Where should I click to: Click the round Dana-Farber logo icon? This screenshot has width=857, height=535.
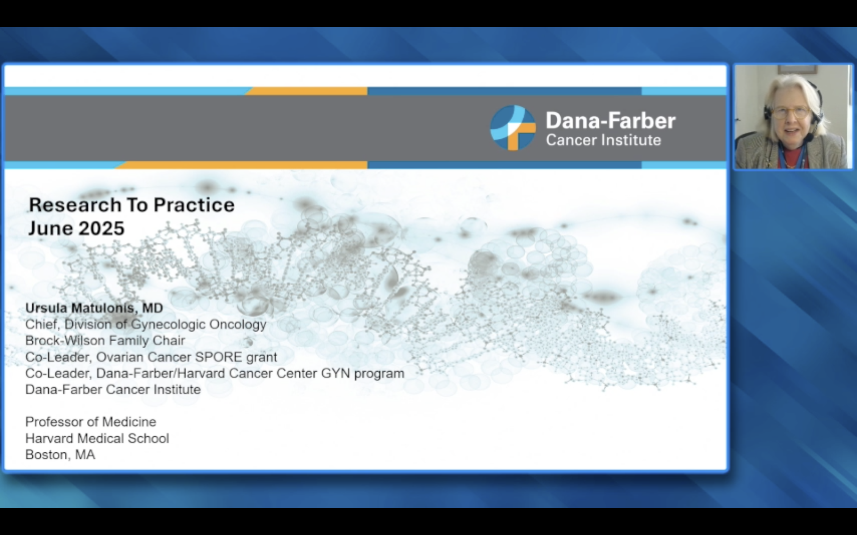click(513, 128)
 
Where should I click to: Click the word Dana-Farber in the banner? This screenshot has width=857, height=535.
click(611, 121)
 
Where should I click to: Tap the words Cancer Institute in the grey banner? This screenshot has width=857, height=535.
click(603, 140)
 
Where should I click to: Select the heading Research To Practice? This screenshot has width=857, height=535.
click(132, 205)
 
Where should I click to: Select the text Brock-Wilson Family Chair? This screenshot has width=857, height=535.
click(105, 340)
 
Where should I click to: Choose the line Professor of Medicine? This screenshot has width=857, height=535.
click(91, 422)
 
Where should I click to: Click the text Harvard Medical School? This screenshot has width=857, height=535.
click(97, 438)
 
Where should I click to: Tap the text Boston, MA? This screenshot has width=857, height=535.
click(60, 455)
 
